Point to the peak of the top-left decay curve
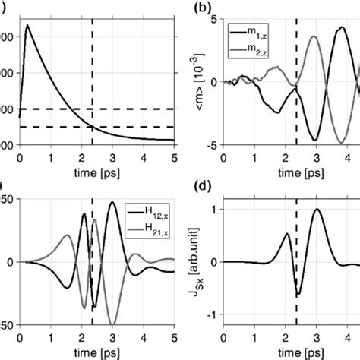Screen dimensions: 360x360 [27, 25]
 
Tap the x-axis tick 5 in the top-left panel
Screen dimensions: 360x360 [174, 159]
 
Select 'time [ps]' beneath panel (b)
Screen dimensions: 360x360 [292, 172]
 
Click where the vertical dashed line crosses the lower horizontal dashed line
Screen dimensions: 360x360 [93, 126]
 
